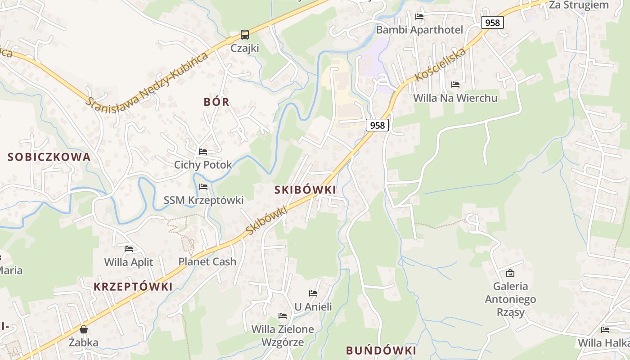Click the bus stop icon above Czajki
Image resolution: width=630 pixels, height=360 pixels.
[244, 35]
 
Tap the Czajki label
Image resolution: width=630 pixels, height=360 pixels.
[245, 48]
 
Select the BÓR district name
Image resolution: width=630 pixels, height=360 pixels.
[216, 102]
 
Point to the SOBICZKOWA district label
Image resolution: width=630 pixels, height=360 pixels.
[49, 157]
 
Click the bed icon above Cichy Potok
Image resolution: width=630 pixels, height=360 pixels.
[203, 152]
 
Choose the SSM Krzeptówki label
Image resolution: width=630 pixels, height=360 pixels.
[203, 200]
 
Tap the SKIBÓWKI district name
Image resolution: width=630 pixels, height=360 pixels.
[305, 190]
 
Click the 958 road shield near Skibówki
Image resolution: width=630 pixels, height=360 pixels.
[377, 125]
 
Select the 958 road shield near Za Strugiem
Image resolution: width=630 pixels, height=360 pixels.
[492, 22]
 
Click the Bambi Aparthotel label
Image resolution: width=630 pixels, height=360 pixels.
[419, 30]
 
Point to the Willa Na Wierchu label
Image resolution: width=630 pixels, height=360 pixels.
[455, 98]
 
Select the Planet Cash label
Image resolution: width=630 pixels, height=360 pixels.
[207, 261]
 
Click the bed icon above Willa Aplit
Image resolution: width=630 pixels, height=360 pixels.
[129, 249]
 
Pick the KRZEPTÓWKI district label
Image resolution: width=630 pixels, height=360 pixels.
[133, 287]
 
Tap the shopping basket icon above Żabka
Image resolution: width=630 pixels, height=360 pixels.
[84, 329]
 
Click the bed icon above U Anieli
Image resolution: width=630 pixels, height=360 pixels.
[313, 293]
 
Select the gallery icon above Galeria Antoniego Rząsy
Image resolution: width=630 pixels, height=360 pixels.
[510, 273]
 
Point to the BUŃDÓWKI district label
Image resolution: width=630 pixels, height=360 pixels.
[381, 351]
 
